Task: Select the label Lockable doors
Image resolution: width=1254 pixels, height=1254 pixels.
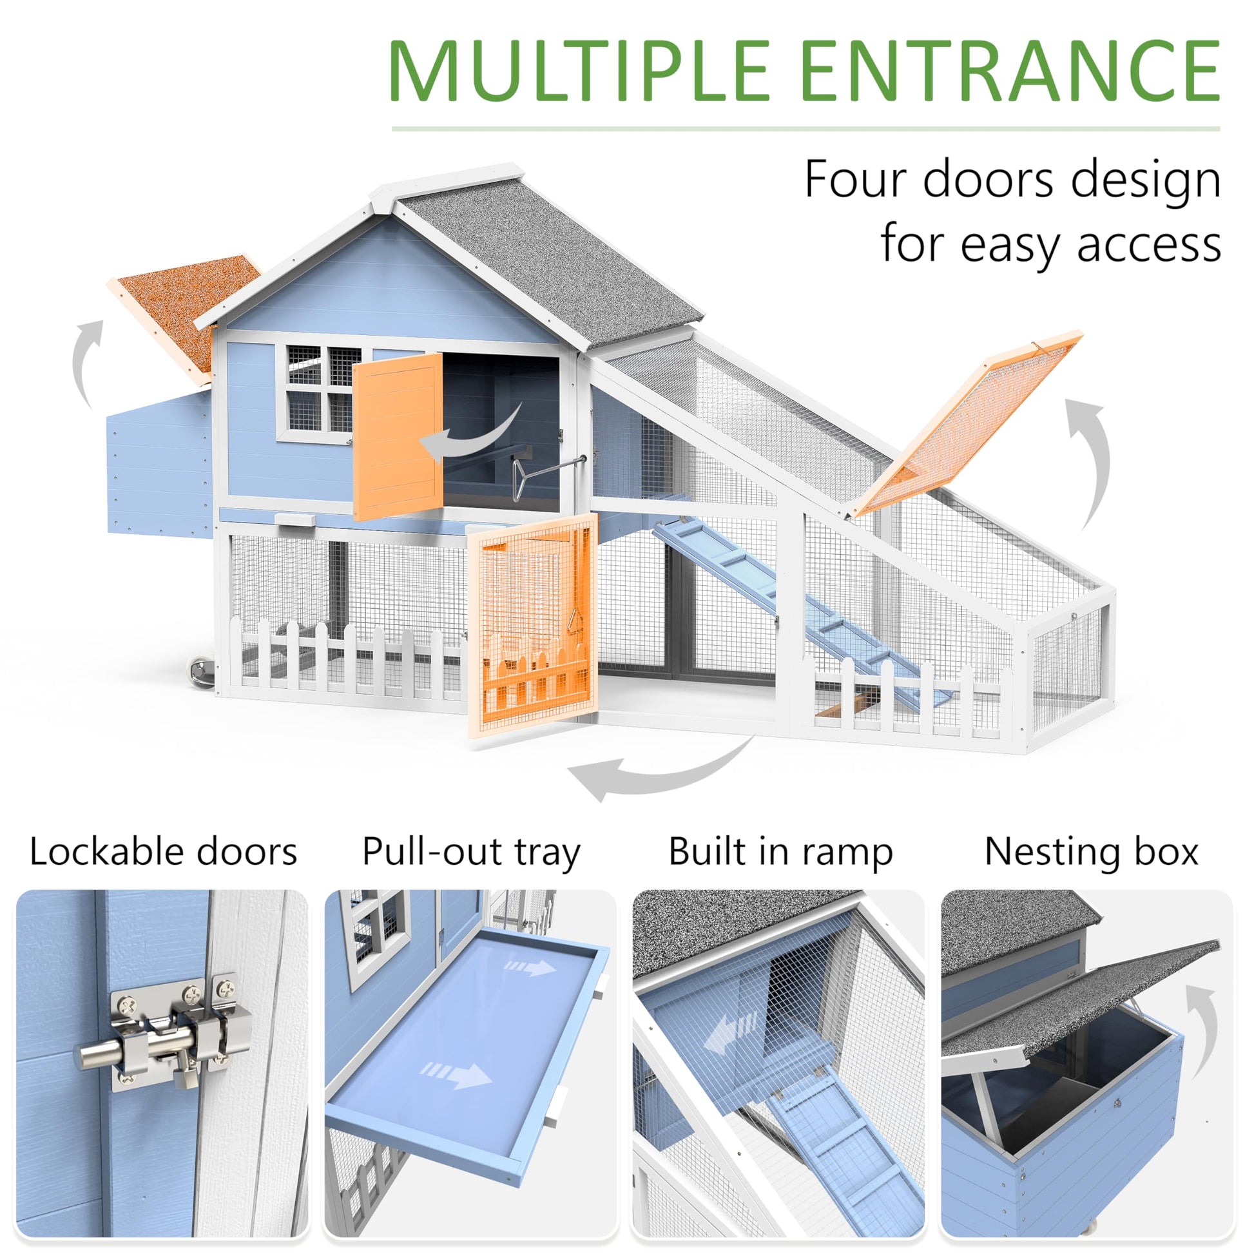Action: [x=163, y=853]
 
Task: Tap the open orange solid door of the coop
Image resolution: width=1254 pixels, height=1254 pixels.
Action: [x=397, y=436]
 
